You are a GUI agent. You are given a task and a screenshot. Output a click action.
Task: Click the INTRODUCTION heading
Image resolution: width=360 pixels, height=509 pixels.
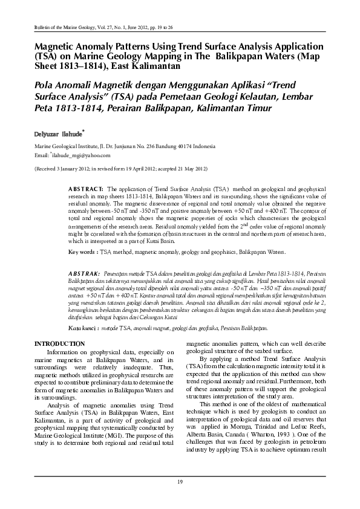pyautogui.click(x=59, y=343)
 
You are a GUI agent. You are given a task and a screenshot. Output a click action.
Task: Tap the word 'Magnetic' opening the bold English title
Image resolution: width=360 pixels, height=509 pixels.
pyautogui.click(x=57, y=47)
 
